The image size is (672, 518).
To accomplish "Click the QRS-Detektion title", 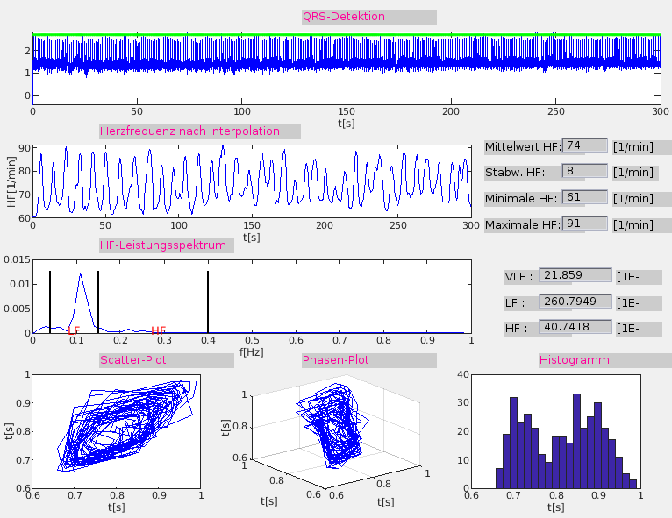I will point(344,17).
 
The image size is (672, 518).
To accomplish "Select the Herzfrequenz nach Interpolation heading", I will point(190,131).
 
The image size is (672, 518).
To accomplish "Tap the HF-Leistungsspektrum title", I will point(164,245).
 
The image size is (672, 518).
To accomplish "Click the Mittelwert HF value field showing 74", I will point(584,145).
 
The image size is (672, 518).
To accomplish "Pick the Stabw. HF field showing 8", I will point(584,172).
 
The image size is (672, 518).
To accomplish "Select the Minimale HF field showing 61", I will point(584,198).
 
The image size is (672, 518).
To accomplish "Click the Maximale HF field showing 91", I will point(584,224).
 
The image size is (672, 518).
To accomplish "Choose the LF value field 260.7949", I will point(575,302).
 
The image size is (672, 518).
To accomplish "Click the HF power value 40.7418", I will point(575,328).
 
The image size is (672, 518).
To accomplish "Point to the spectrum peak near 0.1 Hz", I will point(80,274).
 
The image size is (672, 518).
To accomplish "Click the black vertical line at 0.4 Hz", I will point(208,302).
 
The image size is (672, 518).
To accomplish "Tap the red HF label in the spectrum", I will point(159,330).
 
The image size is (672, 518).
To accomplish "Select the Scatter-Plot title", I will point(133,360).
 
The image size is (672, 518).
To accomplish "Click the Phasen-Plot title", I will point(336,360).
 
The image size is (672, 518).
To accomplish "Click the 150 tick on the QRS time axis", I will point(347,112).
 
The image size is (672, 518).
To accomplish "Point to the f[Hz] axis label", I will point(252,351).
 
